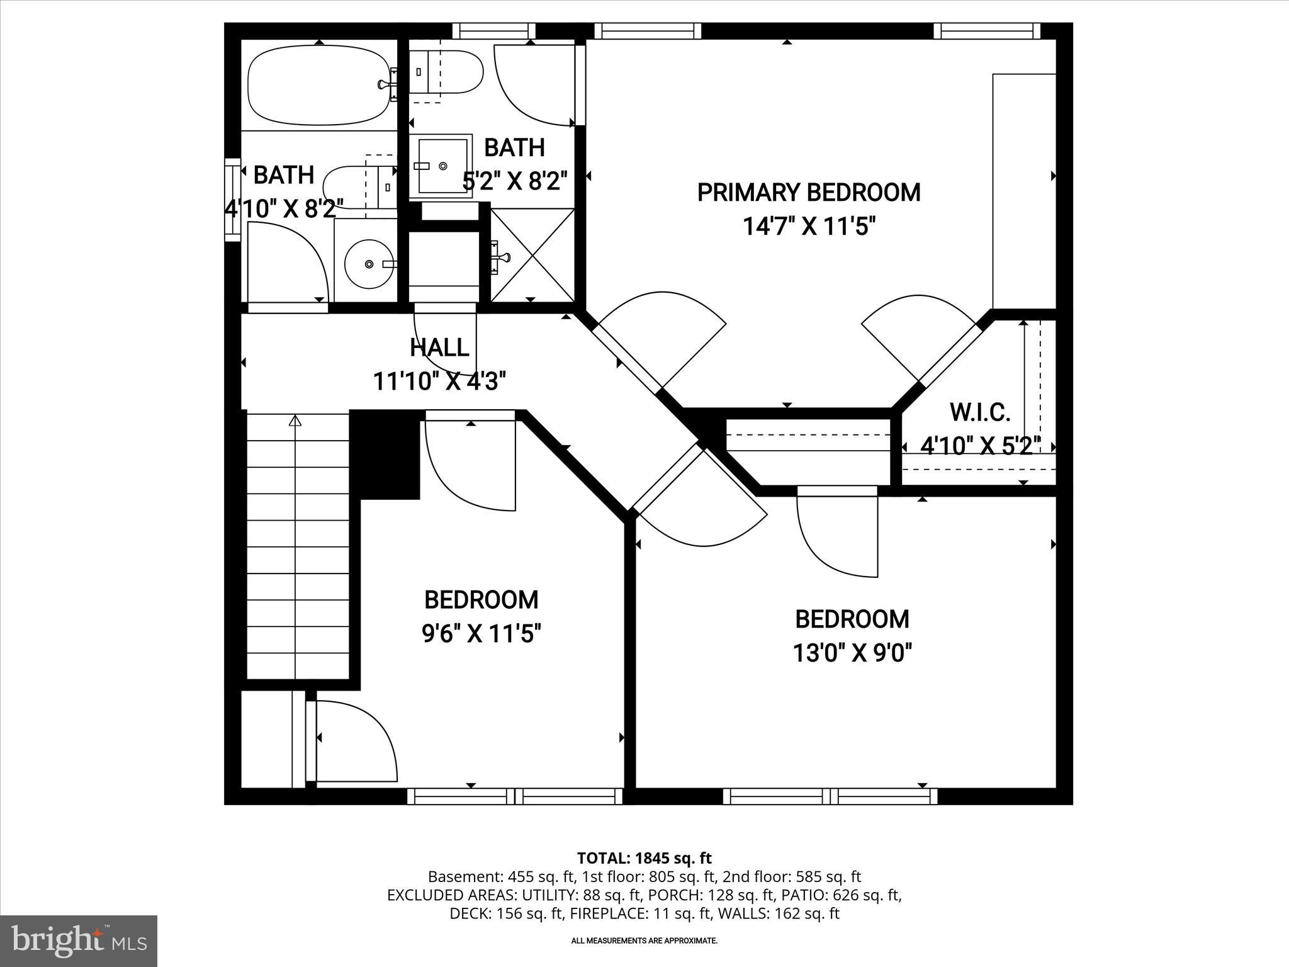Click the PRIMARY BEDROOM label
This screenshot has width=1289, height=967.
(808, 193)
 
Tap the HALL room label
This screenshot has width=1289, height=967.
(439, 348)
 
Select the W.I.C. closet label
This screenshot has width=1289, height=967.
(979, 413)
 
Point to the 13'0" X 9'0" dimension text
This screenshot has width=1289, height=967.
(852, 653)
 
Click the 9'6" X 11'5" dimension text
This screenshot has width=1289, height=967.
(481, 633)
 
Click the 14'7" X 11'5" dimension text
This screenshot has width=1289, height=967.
(809, 225)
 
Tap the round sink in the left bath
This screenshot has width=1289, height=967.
(368, 264)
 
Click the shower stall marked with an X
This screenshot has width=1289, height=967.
(532, 255)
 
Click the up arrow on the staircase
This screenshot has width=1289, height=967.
(295, 421)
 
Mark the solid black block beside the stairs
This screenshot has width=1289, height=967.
(385, 453)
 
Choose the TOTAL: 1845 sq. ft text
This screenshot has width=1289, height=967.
(644, 858)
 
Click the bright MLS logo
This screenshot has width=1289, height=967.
(79, 941)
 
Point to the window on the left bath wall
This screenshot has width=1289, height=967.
(233, 199)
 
